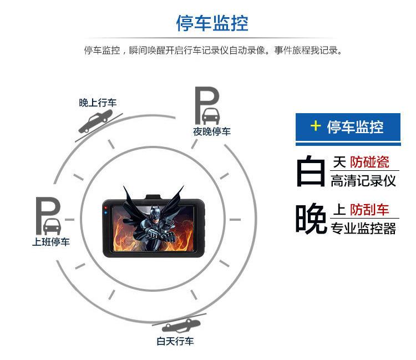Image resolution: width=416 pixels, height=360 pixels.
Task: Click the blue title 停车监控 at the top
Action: point(212,23)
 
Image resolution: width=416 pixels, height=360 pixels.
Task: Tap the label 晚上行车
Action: point(98,103)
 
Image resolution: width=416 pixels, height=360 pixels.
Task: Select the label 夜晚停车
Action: point(212,131)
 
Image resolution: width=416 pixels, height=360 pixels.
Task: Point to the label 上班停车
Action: point(51,242)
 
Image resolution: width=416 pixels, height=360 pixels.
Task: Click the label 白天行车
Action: point(175,341)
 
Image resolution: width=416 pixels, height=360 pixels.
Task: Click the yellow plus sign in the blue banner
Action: point(316,126)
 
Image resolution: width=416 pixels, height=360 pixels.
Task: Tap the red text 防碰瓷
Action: point(369,163)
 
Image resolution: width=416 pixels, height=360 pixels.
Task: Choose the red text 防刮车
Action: point(369,210)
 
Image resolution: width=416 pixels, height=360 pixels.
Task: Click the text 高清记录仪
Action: point(363,181)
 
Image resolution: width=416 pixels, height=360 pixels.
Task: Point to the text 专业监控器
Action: point(363,228)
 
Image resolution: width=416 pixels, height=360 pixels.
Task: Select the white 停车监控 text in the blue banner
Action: point(355,126)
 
